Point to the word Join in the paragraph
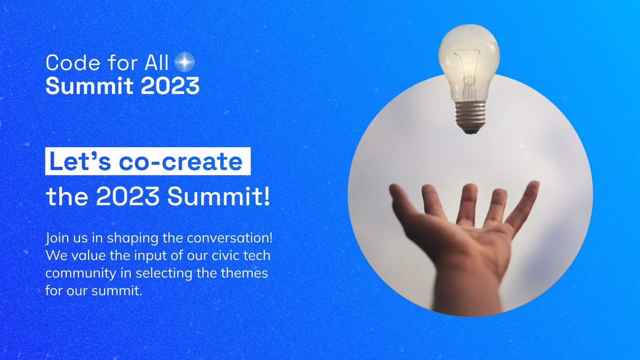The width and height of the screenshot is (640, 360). click(x=57, y=236)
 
